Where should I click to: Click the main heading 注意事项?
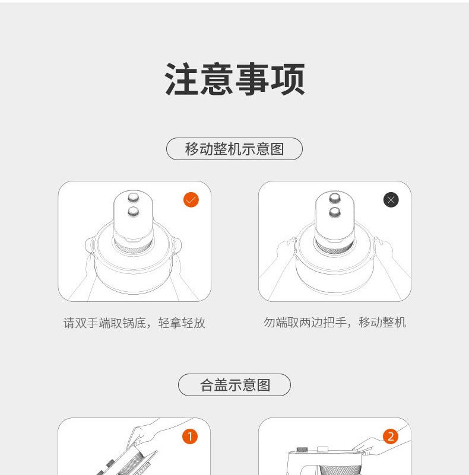(235, 79)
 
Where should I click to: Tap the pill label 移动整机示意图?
(235, 149)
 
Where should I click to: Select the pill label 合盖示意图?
(235, 385)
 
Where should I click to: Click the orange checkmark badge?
(191, 200)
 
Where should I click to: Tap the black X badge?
(391, 200)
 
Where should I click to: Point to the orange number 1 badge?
(190, 436)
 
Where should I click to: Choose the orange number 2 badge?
(391, 436)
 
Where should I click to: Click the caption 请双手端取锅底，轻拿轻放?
(134, 323)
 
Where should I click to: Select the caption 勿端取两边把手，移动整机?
(335, 323)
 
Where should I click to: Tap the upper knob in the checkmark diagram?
(134, 198)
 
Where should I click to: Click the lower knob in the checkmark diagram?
(134, 212)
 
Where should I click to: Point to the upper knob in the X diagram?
(335, 198)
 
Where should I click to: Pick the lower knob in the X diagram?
(335, 212)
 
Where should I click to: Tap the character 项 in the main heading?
(288, 79)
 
